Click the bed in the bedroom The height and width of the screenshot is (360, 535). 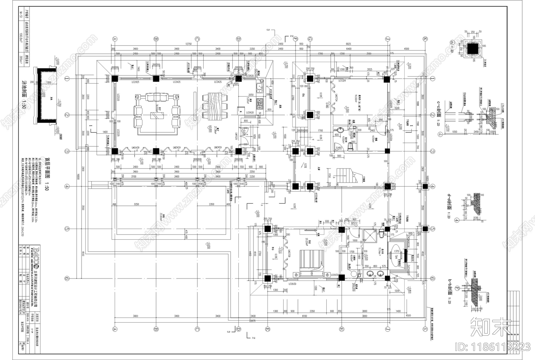[311, 263]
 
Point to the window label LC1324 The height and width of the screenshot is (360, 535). [342, 81]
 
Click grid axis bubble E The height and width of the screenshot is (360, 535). [267, 329]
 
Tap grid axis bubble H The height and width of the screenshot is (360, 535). [341, 329]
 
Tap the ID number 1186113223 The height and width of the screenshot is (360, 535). [493, 347]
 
